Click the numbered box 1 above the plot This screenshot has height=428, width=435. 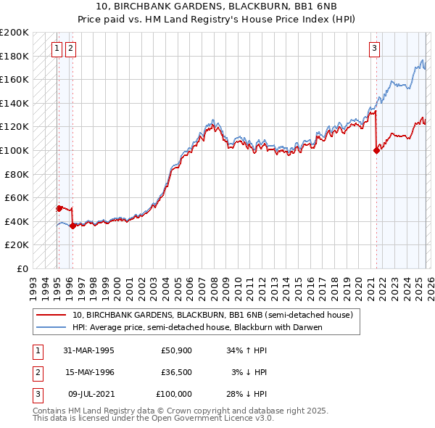(x=57, y=49)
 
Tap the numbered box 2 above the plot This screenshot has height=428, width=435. (x=71, y=49)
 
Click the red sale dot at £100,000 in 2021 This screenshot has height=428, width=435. (x=376, y=151)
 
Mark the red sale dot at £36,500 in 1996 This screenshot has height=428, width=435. (x=72, y=226)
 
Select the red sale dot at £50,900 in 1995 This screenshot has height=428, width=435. (x=59, y=208)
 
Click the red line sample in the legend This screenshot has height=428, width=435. (x=51, y=316)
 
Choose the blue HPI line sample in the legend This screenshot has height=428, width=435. (x=51, y=327)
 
